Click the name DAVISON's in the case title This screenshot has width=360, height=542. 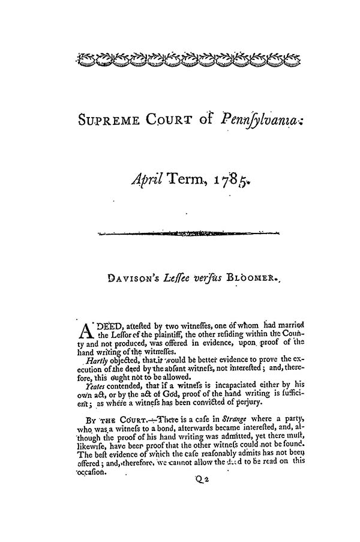click(x=125, y=279)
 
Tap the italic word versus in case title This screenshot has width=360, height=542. click(x=192, y=279)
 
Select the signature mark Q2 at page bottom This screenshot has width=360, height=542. click(x=200, y=480)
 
